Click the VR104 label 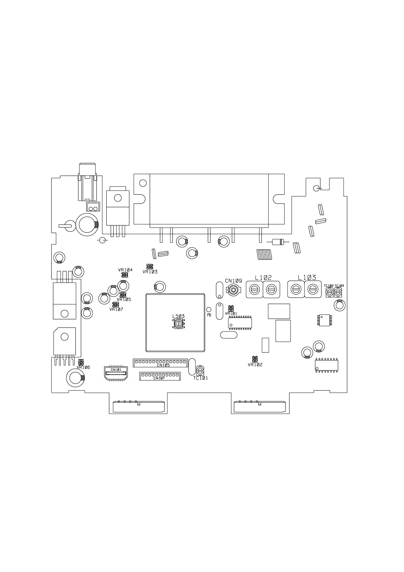click(x=125, y=270)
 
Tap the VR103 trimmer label click(x=150, y=272)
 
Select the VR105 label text click(x=124, y=300)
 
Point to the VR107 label click(x=116, y=309)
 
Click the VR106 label click(x=83, y=367)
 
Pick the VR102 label click(x=255, y=365)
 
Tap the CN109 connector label click(x=234, y=281)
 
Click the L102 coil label click(x=263, y=278)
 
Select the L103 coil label click(x=307, y=278)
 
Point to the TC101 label click(x=201, y=378)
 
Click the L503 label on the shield click(x=178, y=316)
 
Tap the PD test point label click(x=209, y=315)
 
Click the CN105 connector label click(x=163, y=365)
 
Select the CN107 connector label click(x=159, y=378)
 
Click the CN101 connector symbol click(x=116, y=374)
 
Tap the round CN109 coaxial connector click(x=233, y=290)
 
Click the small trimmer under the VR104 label click(x=125, y=274)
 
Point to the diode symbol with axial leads click(x=278, y=242)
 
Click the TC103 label click(x=339, y=286)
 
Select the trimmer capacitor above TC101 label click(x=200, y=370)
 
